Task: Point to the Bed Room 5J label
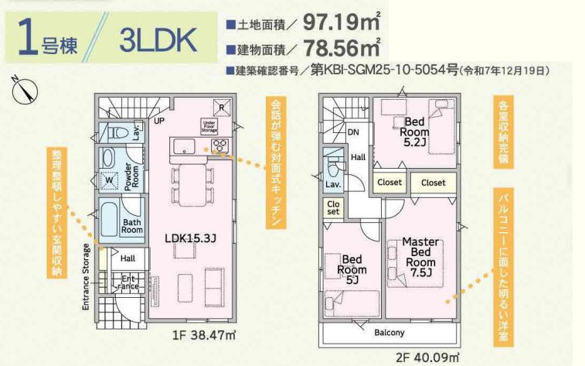(x=352, y=269)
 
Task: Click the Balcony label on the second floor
(x=389, y=333)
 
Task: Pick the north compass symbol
(x=26, y=91)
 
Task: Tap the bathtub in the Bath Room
(x=107, y=217)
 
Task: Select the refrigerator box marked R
(x=222, y=108)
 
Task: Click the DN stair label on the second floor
(x=352, y=132)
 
